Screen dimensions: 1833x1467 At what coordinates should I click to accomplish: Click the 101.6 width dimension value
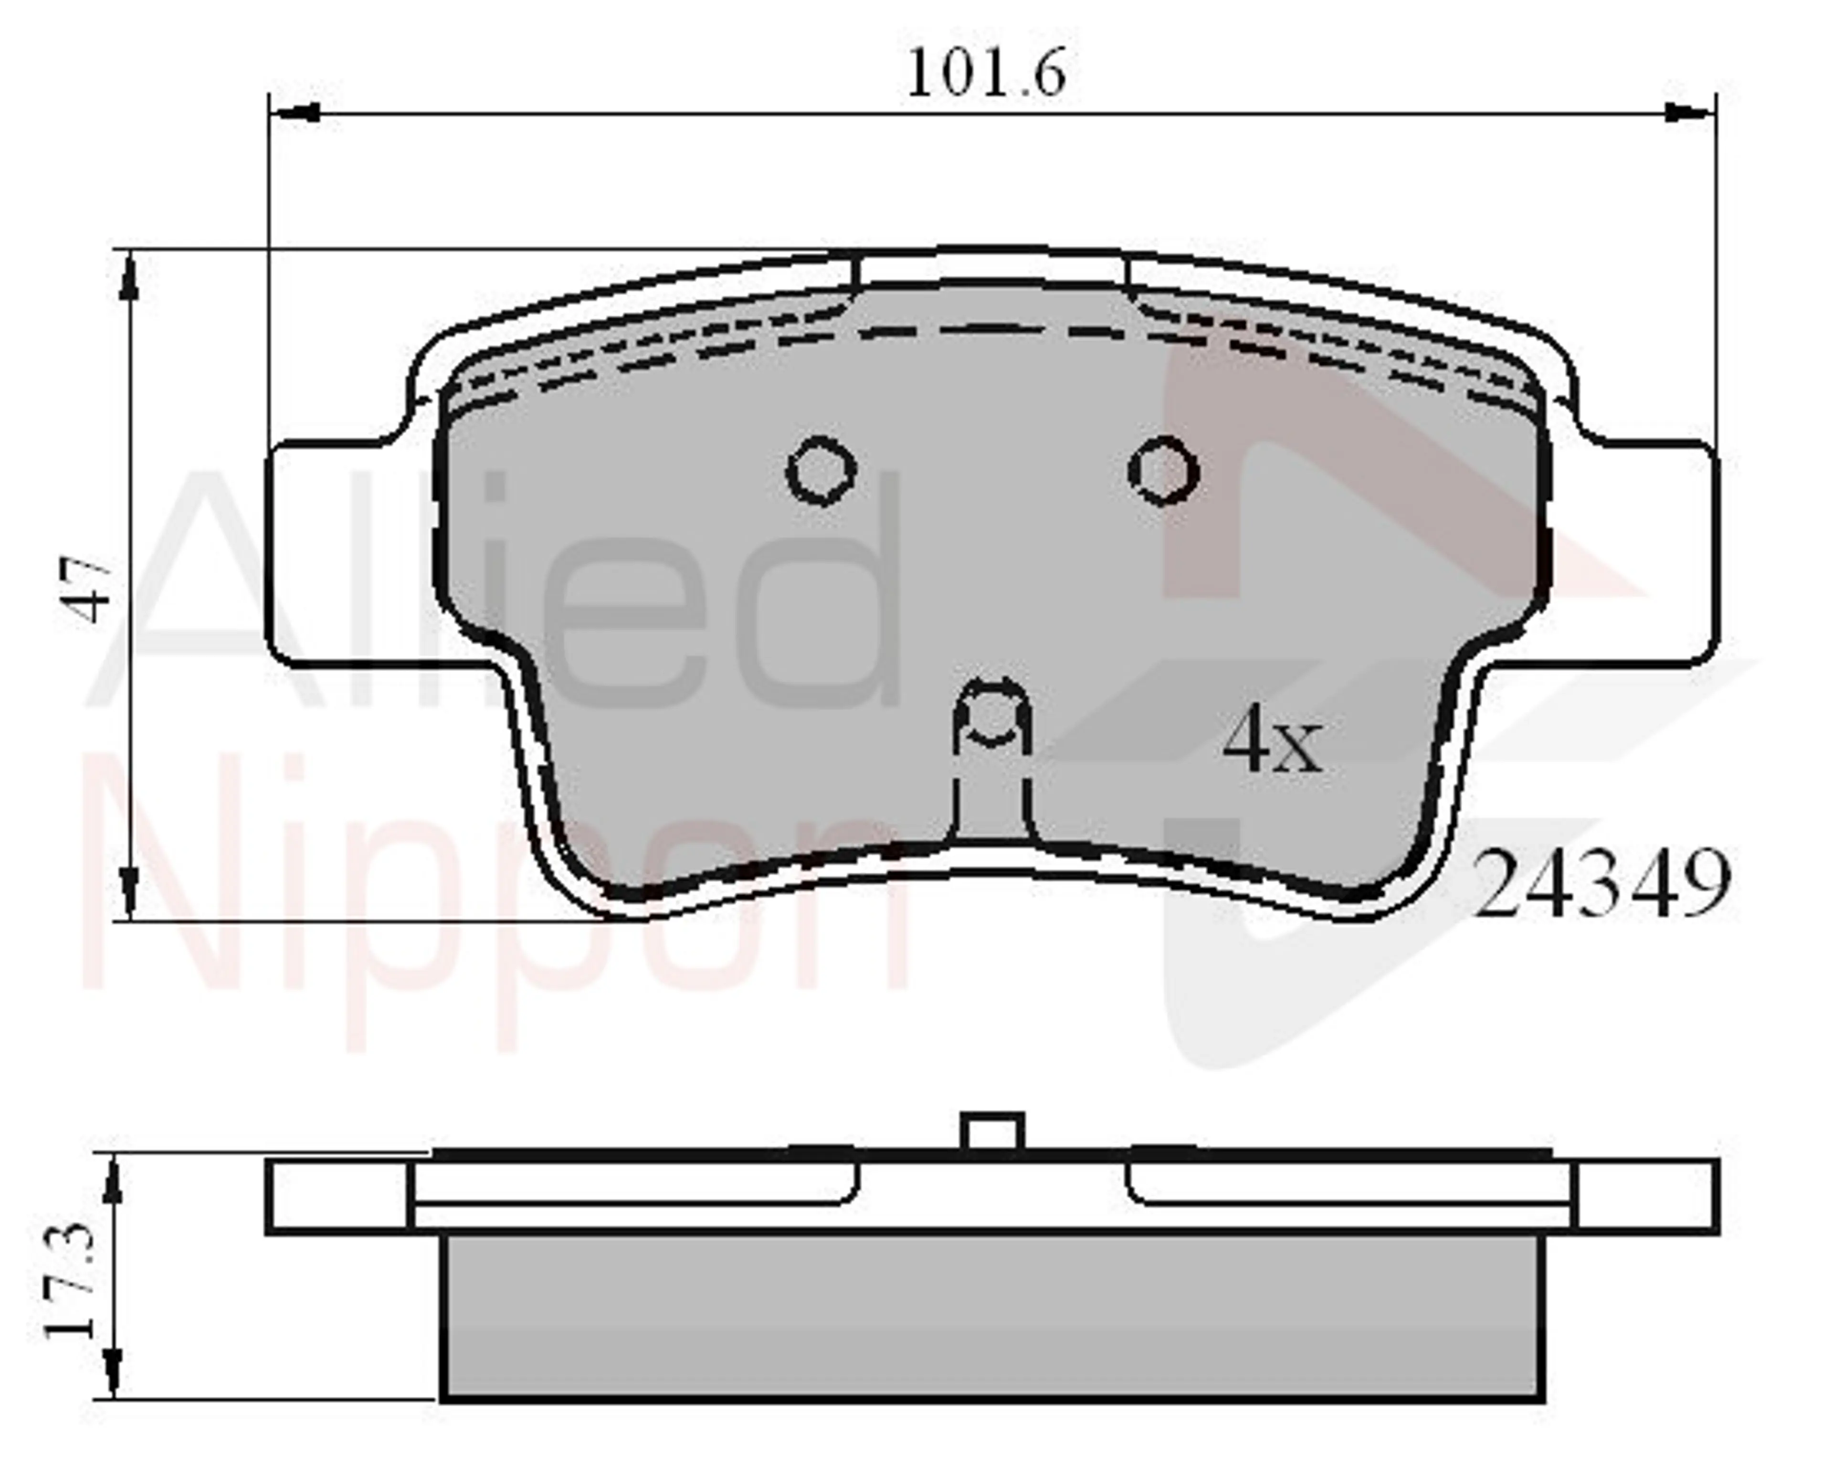(x=986, y=74)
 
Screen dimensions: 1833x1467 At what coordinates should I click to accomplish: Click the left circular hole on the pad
(x=822, y=470)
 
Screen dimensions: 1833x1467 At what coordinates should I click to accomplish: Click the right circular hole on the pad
(x=1163, y=470)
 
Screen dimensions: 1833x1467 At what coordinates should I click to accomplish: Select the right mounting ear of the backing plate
(x=1633, y=553)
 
